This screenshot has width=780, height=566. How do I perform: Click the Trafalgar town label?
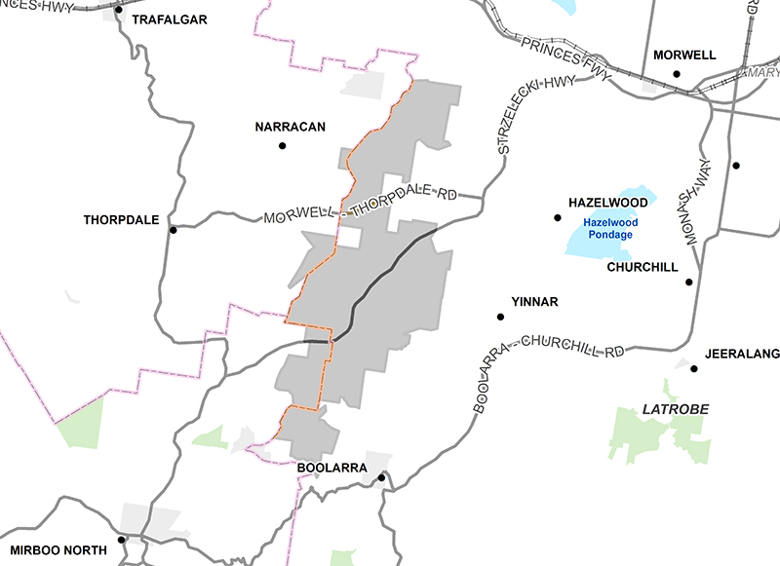tap(170, 19)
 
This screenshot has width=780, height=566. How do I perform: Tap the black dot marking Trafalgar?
tap(120, 11)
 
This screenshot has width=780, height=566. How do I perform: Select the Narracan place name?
tap(290, 127)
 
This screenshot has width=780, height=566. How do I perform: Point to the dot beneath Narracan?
tap(283, 146)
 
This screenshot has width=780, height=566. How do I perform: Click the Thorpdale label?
tap(122, 220)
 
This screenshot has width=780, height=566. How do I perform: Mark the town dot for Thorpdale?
tap(173, 230)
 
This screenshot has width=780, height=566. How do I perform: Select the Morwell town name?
tap(684, 55)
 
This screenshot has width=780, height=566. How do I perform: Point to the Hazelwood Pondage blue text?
tap(610, 228)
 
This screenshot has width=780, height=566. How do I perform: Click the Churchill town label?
tap(642, 267)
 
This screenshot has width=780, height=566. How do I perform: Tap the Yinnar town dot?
tap(501, 317)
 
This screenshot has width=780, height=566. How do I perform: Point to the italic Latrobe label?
tap(675, 408)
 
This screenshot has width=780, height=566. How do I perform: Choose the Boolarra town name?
tap(332, 469)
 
